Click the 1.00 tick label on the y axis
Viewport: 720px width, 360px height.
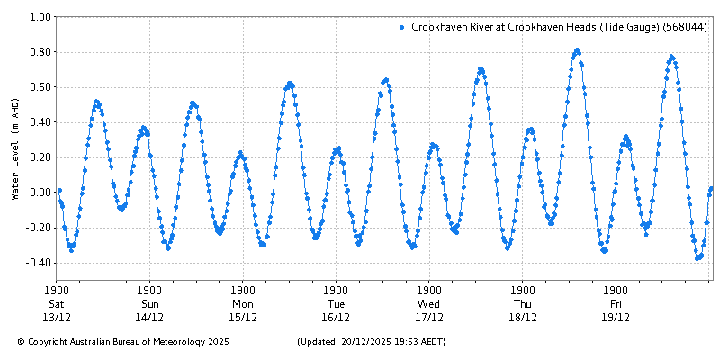(39, 16)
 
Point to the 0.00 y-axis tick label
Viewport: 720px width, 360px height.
(39, 193)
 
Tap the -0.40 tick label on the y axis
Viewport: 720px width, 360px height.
(37, 263)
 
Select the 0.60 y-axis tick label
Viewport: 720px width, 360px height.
(39, 87)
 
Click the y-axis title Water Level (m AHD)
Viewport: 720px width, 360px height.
(15, 148)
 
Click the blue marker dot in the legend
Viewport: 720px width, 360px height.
(401, 28)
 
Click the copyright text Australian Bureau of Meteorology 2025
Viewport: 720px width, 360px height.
(123, 342)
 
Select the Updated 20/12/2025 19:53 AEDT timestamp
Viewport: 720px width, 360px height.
(371, 342)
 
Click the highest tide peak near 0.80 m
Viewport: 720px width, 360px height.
(577, 50)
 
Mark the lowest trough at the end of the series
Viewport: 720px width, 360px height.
(698, 258)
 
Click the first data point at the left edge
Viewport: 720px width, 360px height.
(59, 191)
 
